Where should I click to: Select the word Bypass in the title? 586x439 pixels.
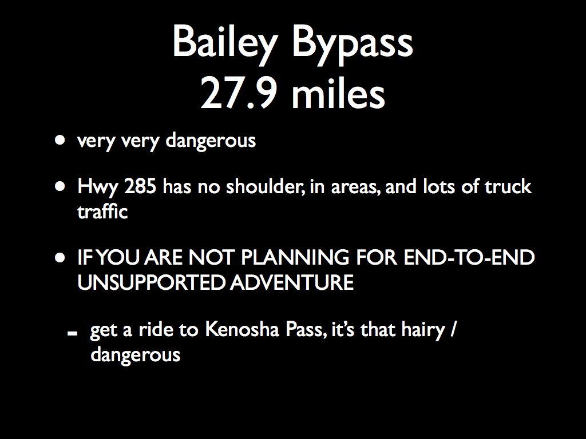point(353,45)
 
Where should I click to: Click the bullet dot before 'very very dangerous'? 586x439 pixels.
point(60,140)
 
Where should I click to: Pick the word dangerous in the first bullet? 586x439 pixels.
point(211,141)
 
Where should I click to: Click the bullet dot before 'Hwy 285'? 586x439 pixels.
point(60,186)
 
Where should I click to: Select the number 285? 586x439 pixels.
point(140,186)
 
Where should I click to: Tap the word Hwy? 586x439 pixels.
point(97,187)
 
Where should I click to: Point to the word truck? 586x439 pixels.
point(508,186)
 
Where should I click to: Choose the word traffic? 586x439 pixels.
point(102,211)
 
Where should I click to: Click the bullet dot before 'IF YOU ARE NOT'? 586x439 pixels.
point(60,258)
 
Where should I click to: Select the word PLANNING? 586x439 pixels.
point(295,258)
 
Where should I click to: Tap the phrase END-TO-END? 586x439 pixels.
point(469,258)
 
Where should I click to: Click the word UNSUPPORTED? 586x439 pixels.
point(151,282)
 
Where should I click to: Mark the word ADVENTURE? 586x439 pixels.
point(292,282)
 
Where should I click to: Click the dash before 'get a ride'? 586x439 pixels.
point(73,333)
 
